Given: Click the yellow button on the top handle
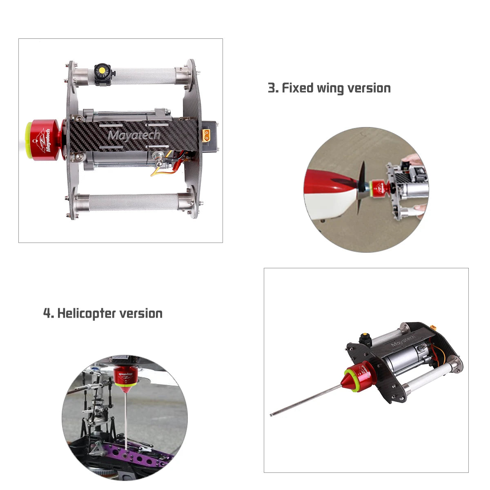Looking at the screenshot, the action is pos(102,70).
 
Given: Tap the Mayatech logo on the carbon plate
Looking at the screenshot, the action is pos(134,135).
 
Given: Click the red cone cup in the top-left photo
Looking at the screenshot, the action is pos(46,140).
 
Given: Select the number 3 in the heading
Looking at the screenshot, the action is pos(272,88).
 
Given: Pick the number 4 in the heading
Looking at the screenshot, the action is pos(47,313).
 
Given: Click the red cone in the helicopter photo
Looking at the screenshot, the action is pos(125,379).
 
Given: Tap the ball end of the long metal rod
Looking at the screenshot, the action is pos(271,415).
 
